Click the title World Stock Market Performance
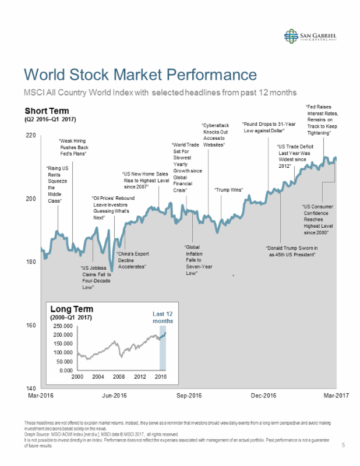[140, 75]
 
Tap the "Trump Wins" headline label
[228, 190]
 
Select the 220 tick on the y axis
[30, 135]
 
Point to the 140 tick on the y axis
[30, 388]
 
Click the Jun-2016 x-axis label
[114, 396]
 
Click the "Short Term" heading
[47, 111]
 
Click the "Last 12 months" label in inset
[163, 317]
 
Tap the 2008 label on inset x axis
[119, 377]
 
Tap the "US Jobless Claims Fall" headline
[94, 277]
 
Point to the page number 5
[343, 445]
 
